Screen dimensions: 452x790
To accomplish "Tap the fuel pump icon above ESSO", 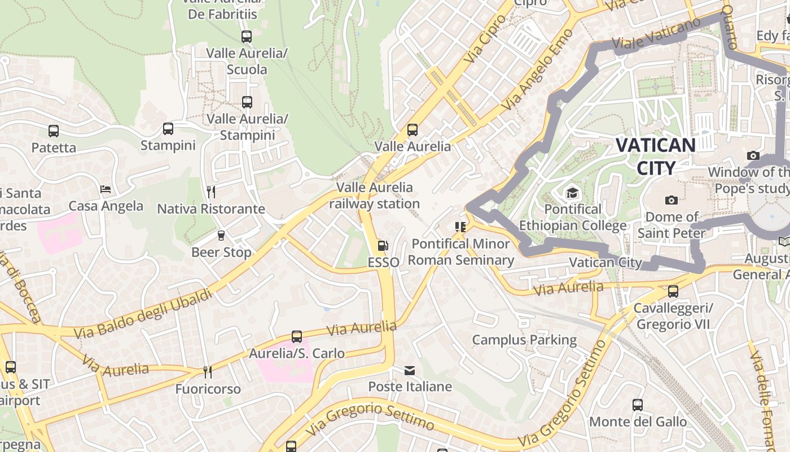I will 383,246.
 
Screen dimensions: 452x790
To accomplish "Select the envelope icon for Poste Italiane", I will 410,371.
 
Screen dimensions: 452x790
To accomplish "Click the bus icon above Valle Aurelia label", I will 412,130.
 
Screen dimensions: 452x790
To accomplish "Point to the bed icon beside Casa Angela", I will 106,189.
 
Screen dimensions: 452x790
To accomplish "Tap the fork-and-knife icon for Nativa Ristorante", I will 211,192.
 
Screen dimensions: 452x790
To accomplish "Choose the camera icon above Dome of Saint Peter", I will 671,200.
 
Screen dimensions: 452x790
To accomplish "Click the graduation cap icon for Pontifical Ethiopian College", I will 573,193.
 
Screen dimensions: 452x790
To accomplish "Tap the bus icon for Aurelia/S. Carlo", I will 297,337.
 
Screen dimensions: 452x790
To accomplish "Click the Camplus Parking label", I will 524,340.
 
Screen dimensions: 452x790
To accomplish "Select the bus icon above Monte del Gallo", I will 638,405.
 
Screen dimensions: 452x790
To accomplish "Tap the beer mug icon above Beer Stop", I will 221,236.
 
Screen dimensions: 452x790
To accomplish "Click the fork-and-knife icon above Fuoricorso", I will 208,372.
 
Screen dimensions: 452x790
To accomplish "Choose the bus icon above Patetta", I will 54,131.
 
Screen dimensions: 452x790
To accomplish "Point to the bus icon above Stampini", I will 168,129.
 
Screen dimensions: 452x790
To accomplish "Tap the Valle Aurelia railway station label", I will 374,195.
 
